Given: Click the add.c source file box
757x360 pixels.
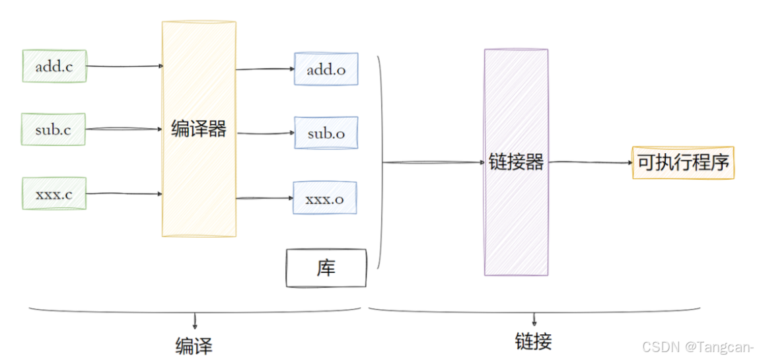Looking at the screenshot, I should coord(54,66).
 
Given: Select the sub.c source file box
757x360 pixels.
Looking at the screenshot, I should coord(54,129).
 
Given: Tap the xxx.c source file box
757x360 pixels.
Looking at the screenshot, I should coord(54,193).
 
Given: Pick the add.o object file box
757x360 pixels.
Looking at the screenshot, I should coord(326,69).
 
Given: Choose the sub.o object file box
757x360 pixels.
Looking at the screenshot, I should coord(326,133).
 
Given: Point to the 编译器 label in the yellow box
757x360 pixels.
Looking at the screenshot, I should coord(199,129).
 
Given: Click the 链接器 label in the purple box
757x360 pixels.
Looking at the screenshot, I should coord(516,162).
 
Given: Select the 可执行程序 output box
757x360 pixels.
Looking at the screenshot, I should coord(683,162).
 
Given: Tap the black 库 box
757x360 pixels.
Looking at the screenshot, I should coord(326,268).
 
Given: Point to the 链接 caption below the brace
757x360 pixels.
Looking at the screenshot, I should coord(533,341).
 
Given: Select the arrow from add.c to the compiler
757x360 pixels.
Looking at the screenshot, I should coord(124,66).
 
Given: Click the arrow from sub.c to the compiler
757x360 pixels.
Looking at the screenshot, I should coord(124,129).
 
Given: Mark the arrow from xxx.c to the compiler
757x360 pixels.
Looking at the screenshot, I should coord(124,194).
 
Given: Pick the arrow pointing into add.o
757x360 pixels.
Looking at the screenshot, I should coord(265,69).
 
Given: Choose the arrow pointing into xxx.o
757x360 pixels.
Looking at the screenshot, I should coord(264,198).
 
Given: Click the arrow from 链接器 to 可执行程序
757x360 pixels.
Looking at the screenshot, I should coord(589,162).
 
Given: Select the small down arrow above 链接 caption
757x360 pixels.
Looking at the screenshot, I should coord(534,320).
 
